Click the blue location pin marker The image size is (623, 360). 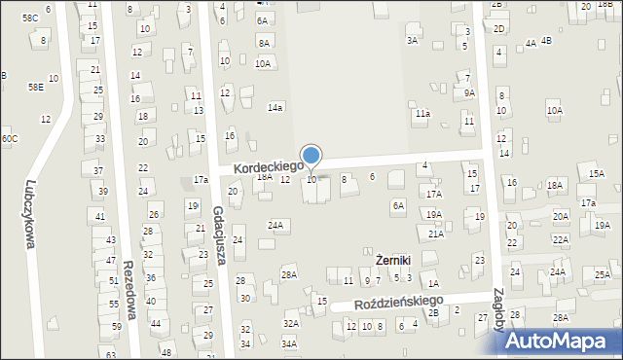point(311,156)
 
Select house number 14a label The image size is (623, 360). point(275,108)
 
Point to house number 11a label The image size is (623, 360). point(422,114)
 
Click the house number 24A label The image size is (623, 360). point(276,226)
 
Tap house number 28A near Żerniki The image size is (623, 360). point(289,275)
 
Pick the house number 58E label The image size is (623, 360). point(35,87)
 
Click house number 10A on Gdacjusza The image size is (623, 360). point(263,63)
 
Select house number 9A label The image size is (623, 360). point(469,93)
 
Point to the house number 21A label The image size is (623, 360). point(436,234)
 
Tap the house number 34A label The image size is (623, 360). point(289,343)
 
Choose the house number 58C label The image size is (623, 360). point(30,18)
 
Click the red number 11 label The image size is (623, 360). point(196,95)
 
